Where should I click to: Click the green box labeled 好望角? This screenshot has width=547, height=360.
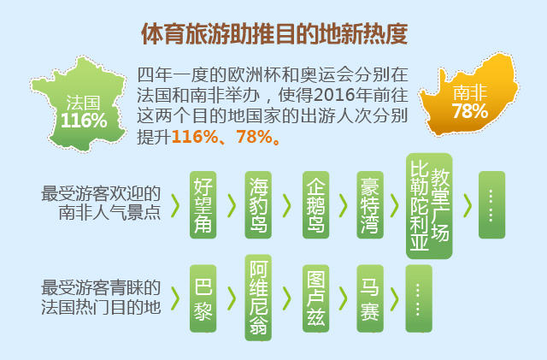click(x=203, y=205)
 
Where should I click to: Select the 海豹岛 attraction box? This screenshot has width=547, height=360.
click(x=258, y=205)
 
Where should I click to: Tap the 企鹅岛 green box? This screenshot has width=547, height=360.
click(x=315, y=205)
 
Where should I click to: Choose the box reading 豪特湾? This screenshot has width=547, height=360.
click(x=370, y=205)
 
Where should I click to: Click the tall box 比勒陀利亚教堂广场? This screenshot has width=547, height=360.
click(x=429, y=206)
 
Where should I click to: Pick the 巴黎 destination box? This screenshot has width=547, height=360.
click(x=203, y=298)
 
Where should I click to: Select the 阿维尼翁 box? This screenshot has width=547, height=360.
click(x=258, y=298)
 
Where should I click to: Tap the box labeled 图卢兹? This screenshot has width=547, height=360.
click(x=315, y=298)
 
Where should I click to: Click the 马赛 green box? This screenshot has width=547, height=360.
click(x=370, y=298)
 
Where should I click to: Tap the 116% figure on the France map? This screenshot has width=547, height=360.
click(x=84, y=121)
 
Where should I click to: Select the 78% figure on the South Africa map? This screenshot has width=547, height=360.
click(x=470, y=111)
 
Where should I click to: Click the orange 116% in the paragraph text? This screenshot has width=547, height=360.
click(x=195, y=137)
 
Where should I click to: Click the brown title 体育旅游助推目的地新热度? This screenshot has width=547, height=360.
click(x=274, y=34)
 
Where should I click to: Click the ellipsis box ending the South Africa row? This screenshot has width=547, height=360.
click(x=492, y=205)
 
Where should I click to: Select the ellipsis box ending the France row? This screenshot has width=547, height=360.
click(x=419, y=298)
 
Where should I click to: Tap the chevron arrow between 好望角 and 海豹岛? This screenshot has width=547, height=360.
click(x=232, y=205)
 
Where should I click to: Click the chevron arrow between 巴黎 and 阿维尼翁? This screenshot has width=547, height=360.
click(x=232, y=299)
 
